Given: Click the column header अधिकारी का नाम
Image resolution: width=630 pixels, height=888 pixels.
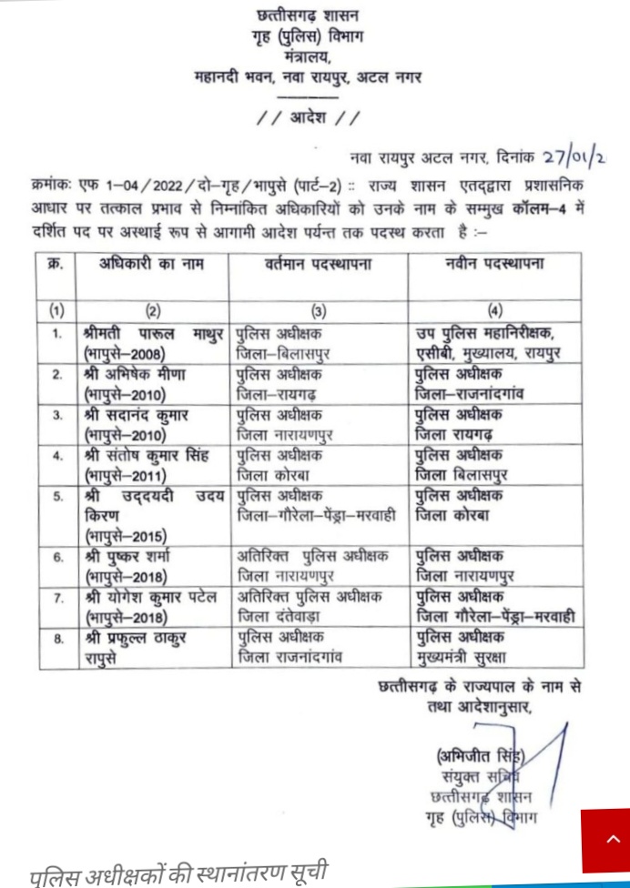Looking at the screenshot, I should pyautogui.click(x=151, y=265).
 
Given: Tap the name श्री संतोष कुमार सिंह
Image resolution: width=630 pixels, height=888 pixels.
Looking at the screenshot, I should pyautogui.click(x=146, y=454).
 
